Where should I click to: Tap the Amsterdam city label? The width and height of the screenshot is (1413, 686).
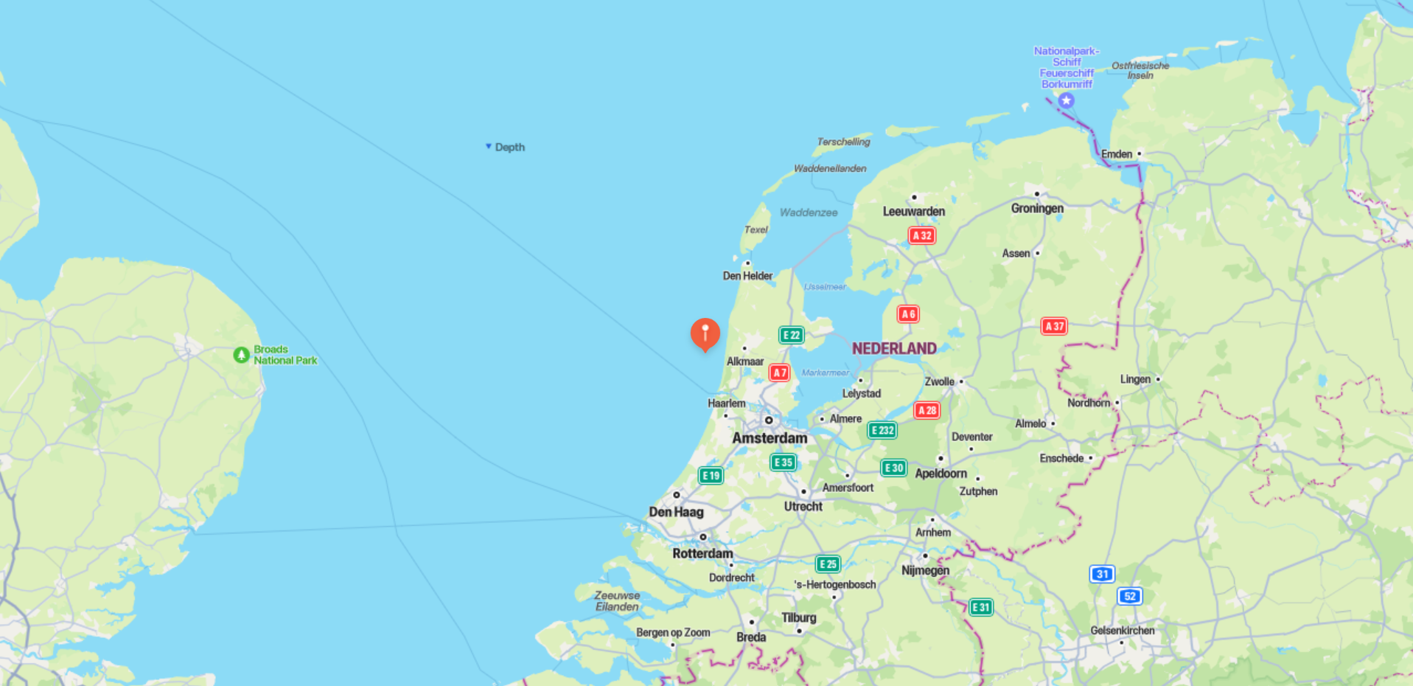(770, 438)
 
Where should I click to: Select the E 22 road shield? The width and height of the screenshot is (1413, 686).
(791, 336)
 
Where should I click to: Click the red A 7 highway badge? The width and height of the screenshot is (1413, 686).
(779, 373)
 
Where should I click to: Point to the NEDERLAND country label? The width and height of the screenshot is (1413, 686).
(894, 349)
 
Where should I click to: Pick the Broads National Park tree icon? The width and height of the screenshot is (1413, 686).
(241, 356)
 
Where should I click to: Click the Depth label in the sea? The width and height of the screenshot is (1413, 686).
(509, 148)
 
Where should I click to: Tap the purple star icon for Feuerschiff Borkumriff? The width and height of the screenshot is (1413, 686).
(1066, 100)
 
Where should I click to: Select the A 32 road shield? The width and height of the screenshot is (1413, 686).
(921, 236)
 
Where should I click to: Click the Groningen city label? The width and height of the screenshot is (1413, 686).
(1037, 209)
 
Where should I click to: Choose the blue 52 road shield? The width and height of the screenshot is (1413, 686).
(1130, 596)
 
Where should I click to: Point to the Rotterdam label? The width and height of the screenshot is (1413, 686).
(702, 553)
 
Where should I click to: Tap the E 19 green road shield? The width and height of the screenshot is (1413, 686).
(711, 476)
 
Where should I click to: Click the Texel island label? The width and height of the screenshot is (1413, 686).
(756, 230)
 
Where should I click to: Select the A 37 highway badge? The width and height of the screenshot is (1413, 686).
(1054, 326)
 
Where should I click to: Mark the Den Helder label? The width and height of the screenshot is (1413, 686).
(747, 276)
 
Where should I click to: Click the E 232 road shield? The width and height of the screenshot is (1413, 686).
(882, 430)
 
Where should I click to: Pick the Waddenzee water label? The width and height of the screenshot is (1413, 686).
(809, 212)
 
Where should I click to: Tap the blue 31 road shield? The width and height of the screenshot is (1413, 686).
(1102, 574)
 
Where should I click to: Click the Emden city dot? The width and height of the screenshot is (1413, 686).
(1139, 154)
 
